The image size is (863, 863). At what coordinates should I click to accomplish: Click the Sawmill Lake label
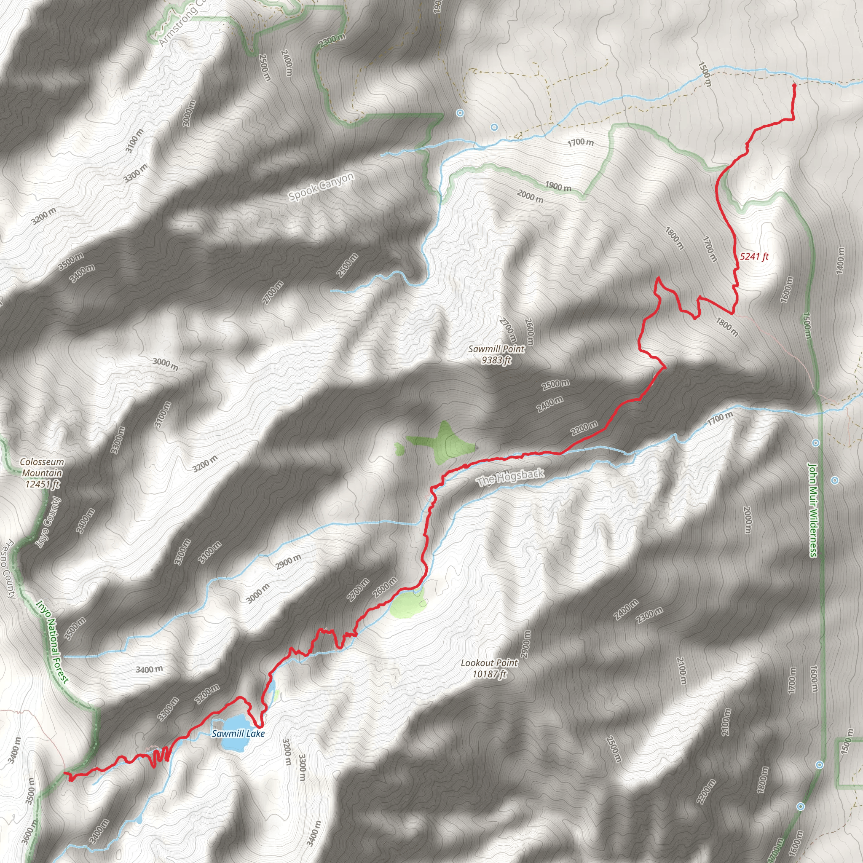point(238,734)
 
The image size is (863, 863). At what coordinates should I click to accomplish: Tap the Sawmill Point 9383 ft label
point(496,354)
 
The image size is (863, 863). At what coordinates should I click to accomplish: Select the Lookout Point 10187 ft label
point(489,668)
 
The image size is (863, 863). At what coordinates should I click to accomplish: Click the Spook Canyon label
point(321,186)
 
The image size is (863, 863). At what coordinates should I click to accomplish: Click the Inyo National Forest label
point(52,642)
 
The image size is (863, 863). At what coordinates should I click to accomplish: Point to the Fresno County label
point(9,570)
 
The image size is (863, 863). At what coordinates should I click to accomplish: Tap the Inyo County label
point(47,522)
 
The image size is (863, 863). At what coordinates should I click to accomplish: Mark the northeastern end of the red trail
point(794,85)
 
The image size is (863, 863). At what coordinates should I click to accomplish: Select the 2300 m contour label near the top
point(332,40)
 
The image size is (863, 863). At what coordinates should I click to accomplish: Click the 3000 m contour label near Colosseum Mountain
point(165,364)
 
